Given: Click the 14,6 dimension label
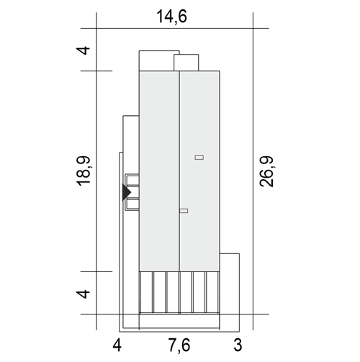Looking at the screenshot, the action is tap(171, 17).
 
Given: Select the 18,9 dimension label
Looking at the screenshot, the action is tap(84, 171).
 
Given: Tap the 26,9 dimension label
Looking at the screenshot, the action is tap(266, 171).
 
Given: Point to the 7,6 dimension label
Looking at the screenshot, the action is tap(179, 345).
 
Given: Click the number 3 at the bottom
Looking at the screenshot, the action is tap(238, 345).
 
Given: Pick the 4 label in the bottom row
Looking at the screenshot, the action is tap(117, 345).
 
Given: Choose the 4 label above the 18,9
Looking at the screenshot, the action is tap(83, 50).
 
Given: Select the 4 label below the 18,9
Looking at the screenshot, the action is tap(83, 294).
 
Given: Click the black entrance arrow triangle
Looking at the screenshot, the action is tap(127, 192).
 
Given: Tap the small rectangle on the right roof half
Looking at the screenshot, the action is tap(199, 158).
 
